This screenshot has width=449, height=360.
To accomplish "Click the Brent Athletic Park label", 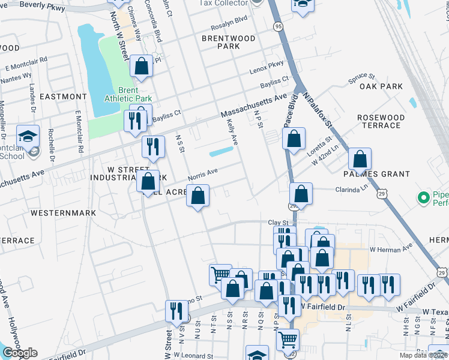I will pos(128,94).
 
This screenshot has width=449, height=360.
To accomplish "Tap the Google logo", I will pos(20,353).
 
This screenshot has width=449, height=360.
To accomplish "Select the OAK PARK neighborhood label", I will pos(381,86).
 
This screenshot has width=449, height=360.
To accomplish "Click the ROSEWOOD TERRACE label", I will pos(379,121).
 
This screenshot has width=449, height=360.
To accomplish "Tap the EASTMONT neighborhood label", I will pos(63,97).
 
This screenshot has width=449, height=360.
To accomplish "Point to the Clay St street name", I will pos(278,223).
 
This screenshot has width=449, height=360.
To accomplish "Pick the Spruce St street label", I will pos(362,78).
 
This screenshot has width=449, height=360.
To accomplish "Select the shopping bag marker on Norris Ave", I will pos(198,196).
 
